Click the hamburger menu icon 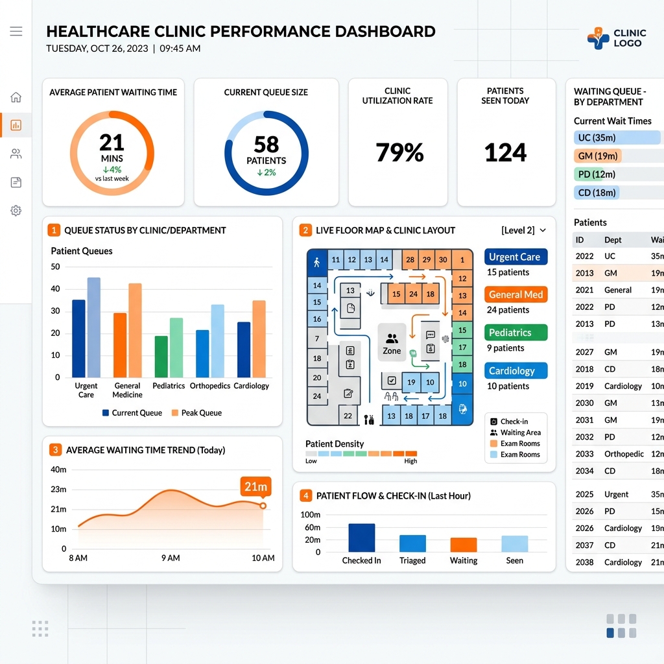16,31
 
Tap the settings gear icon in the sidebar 16,211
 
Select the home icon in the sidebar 16,97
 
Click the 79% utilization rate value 399,152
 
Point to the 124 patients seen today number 506,152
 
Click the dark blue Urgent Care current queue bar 78,338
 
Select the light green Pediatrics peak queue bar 176,348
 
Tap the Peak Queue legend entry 196,413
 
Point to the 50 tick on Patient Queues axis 56,267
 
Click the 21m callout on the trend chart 255,486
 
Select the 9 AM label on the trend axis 171,558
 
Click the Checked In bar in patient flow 362,538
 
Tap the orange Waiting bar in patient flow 464,545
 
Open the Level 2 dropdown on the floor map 524,230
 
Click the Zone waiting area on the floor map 392,342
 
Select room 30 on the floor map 442,259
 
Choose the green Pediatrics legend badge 516,333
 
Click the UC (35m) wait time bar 617,137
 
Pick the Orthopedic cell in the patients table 624,454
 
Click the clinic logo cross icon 598,38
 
